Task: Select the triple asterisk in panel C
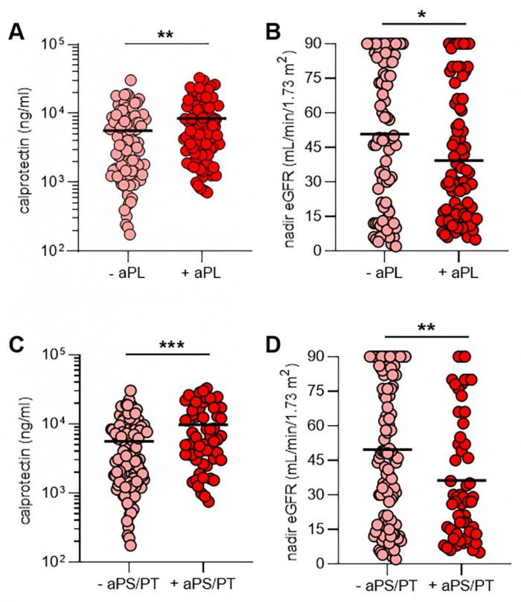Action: tap(168, 345)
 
